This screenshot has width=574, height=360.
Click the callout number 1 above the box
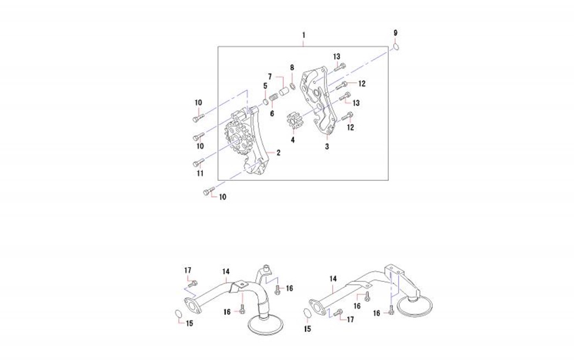pyautogui.click(x=303, y=35)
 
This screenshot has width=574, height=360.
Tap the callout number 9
pyautogui.click(x=395, y=33)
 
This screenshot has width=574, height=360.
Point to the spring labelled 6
pyautogui.click(x=273, y=98)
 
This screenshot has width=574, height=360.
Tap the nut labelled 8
pyautogui.click(x=292, y=86)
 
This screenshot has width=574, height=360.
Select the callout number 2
pyautogui.click(x=279, y=153)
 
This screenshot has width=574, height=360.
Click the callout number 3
pyautogui.click(x=327, y=146)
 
